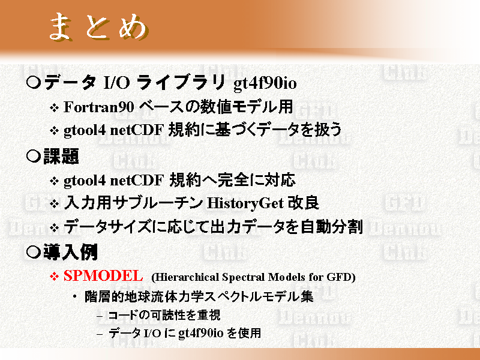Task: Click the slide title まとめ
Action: pyautogui.click(x=98, y=27)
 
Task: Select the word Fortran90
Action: pyautogui.click(x=99, y=107)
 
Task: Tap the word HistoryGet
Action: pyautogui.click(x=245, y=203)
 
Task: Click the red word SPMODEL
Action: pyautogui.click(x=103, y=275)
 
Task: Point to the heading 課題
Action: pyautogui.click(x=61, y=157)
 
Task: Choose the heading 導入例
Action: pyautogui.click(x=70, y=252)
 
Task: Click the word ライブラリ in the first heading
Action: pyautogui.click(x=181, y=82)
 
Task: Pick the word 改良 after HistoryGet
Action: pyautogui.click(x=303, y=203)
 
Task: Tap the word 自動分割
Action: pyautogui.click(x=332, y=227)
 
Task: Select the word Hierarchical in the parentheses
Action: pyautogui.click(x=187, y=277)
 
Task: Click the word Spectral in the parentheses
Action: pyautogui.click(x=244, y=277)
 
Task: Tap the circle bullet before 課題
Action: pyautogui.click(x=34, y=157)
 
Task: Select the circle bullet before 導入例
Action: pyautogui.click(x=34, y=252)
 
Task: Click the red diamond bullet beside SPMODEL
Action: pyautogui.click(x=54, y=277)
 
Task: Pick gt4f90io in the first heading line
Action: pyautogui.click(x=265, y=83)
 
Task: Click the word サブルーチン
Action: pyautogui.click(x=157, y=203)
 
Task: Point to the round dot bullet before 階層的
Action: pyautogui.click(x=74, y=297)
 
